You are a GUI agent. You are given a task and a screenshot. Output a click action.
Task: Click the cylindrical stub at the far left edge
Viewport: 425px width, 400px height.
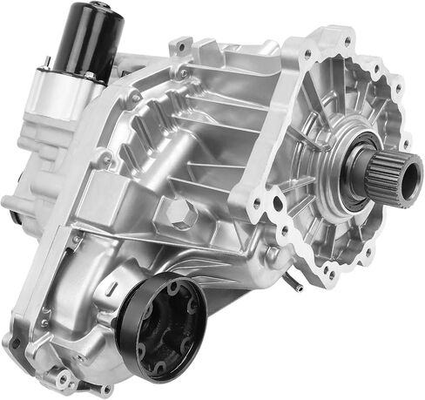(12, 205)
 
